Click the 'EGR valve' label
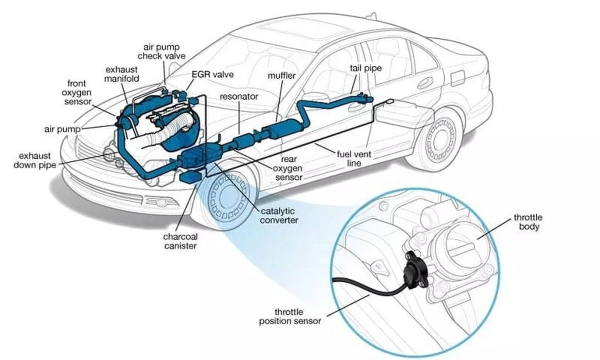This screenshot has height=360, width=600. [213, 74]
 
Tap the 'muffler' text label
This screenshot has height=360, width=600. [282, 75]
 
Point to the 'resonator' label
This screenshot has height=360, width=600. [239, 95]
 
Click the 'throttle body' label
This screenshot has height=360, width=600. [528, 222]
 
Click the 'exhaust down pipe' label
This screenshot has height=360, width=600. [35, 160]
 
